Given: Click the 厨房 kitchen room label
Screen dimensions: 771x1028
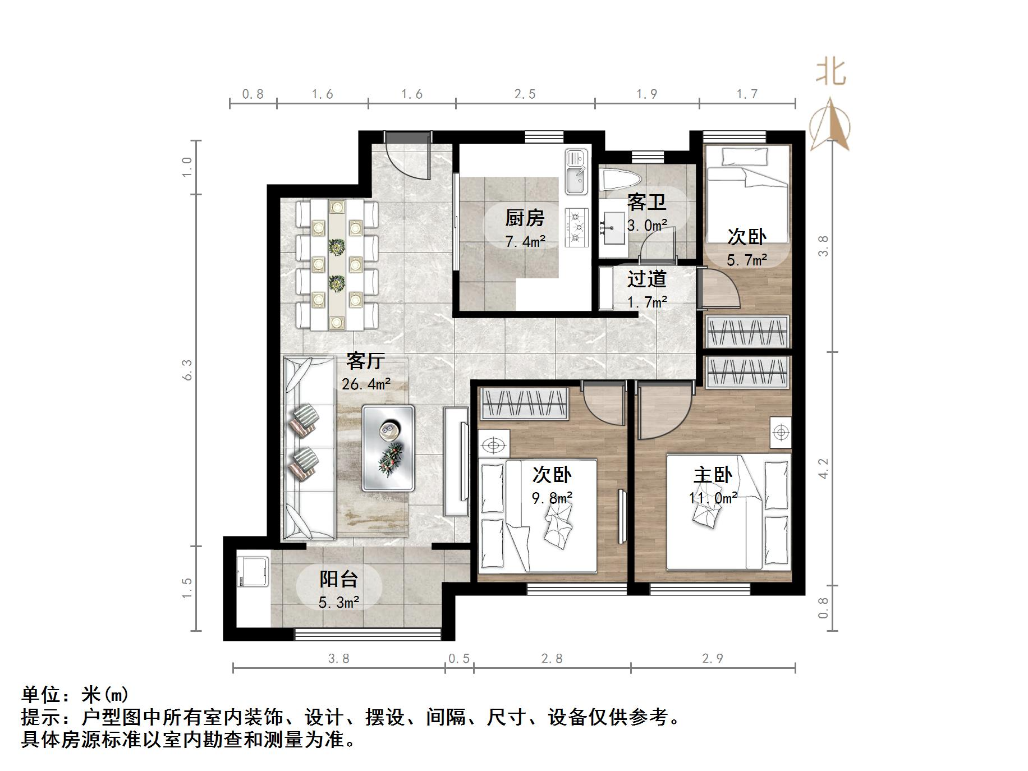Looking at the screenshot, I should [525, 218].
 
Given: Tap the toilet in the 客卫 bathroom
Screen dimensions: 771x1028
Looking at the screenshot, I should [621, 180].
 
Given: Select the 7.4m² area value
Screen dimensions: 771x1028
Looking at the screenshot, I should [525, 242].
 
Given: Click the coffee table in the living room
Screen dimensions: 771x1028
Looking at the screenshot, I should [388, 448].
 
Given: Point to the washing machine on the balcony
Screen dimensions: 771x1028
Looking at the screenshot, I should [252, 575].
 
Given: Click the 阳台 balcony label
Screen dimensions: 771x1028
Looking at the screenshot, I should [338, 579].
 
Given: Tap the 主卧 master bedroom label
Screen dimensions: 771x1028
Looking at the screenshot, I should [713, 475].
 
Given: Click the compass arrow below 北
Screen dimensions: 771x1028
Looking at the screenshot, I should [831, 126].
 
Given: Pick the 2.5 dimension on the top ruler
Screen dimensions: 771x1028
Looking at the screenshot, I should [525, 94].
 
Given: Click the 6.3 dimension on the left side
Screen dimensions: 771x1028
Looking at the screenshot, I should [187, 370].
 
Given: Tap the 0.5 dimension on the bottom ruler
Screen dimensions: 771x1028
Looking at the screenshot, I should [458, 658].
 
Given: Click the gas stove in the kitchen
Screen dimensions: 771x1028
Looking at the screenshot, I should [576, 228].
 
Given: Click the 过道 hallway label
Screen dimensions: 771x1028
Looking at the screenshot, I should [646, 279].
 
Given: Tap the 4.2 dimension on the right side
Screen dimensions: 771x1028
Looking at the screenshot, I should [823, 469].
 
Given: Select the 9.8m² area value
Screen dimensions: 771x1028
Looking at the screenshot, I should [552, 498].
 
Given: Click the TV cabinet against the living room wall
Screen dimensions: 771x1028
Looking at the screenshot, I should [456, 461].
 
